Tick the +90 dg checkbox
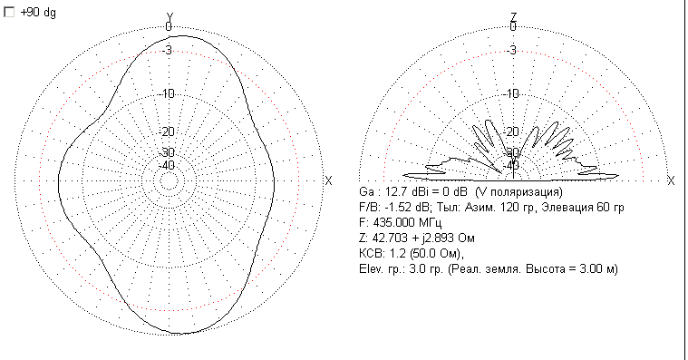[9, 13]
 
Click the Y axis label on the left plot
[170, 17]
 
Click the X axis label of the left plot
[328, 180]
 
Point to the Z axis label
[513, 17]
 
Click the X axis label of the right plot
[671, 180]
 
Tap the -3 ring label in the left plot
[167, 51]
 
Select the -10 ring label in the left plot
[168, 93]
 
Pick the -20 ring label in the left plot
[168, 131]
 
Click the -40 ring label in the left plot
[168, 166]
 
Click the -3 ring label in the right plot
[511, 51]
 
